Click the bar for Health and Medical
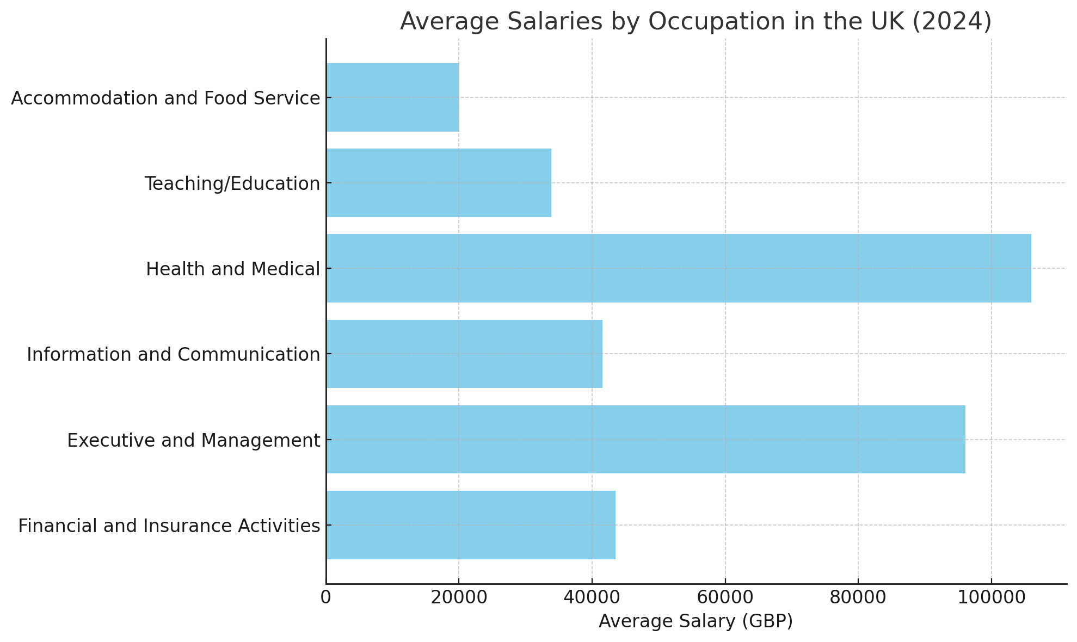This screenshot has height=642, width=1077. tap(678, 268)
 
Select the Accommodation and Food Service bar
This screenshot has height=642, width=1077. tap(392, 97)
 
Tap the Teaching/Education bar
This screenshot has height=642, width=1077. tap(439, 183)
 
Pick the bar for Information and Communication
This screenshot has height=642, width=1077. tap(464, 354)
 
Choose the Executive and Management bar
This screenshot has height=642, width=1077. tap(645, 439)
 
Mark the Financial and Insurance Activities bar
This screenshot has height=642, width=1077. tap(471, 525)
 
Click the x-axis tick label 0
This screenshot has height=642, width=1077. tap(325, 597)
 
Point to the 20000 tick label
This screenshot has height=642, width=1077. tap(458, 597)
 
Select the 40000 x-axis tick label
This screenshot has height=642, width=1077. tap(592, 597)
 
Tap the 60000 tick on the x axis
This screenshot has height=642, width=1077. tap(725, 597)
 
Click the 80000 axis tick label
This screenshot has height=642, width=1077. tap(858, 597)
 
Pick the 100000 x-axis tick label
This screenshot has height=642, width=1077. tap(991, 597)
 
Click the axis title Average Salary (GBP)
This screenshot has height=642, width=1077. tap(696, 621)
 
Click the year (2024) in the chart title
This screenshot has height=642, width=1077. tap(952, 22)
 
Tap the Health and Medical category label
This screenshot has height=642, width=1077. tap(233, 269)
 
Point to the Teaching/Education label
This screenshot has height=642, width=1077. tap(232, 184)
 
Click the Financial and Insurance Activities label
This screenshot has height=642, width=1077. tap(169, 526)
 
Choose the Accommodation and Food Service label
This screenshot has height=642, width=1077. tap(165, 98)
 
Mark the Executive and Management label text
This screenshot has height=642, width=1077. tap(194, 440)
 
